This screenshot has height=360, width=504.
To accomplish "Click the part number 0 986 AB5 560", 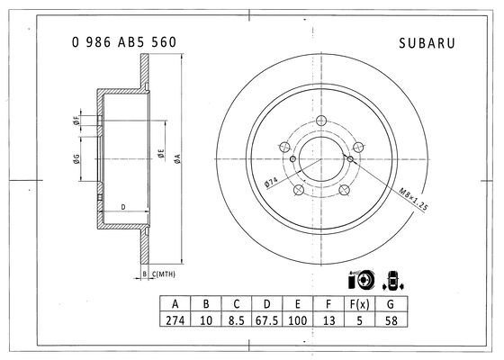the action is click(x=124, y=42).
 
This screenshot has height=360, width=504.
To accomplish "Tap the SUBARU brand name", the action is click(x=427, y=43).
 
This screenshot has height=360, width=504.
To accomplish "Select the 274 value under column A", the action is click(x=175, y=320).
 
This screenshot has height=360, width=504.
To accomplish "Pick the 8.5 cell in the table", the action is click(x=237, y=320).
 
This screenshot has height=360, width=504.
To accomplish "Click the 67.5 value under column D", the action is click(x=266, y=320).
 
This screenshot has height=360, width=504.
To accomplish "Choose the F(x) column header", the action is click(x=359, y=304).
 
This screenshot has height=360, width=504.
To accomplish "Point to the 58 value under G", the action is click(x=391, y=320).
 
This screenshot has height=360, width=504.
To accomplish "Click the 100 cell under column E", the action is click(x=298, y=320).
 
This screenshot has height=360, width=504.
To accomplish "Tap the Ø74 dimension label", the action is click(x=271, y=182).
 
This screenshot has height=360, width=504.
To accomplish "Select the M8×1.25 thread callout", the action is click(x=413, y=199).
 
